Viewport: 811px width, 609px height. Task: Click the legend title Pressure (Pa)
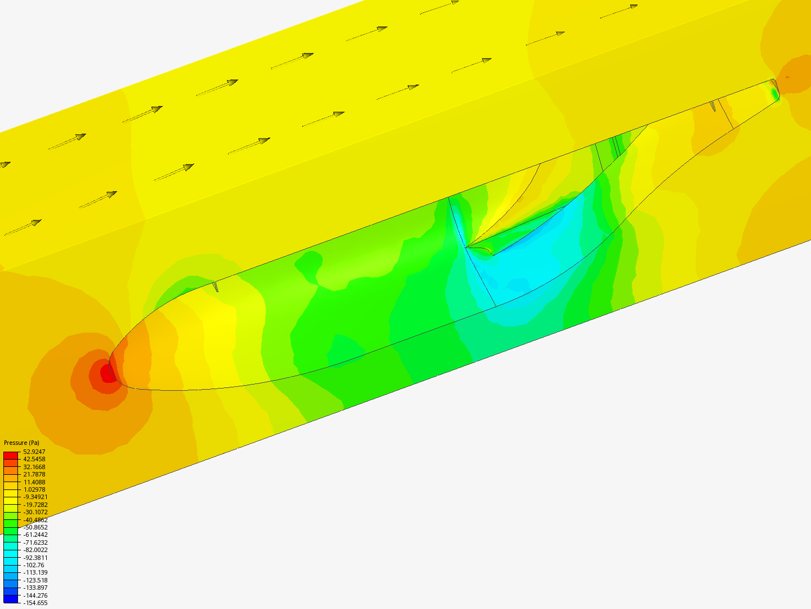tap(21, 443)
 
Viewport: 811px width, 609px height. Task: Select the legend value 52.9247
tap(34, 452)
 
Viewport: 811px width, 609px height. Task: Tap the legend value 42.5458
tap(34, 459)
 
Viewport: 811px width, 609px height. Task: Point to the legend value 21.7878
tap(34, 474)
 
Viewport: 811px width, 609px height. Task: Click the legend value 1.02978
tap(34, 489)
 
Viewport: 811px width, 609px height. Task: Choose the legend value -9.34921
tap(35, 497)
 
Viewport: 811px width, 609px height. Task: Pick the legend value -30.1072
tap(35, 512)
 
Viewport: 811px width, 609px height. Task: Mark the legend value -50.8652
tap(35, 527)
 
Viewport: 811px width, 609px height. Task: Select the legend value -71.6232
tap(35, 542)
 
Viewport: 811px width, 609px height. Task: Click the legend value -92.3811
tap(35, 558)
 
